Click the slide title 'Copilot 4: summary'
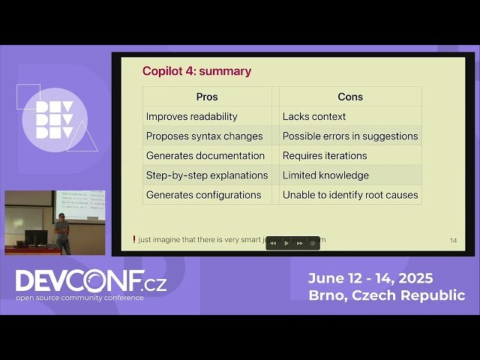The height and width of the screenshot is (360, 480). tap(196, 71)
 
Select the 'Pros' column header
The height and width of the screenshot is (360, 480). tap(207, 97)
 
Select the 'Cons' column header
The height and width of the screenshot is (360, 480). tap(349, 97)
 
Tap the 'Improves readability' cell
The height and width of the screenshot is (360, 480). tap(192, 116)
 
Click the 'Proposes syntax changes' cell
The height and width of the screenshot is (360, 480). tap(204, 136)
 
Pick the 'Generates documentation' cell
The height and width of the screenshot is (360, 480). tap(205, 155)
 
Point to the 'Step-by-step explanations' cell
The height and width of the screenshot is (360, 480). tap(207, 175)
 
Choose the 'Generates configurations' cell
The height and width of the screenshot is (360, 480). tap(203, 194)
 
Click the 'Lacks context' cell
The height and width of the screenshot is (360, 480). tap(314, 116)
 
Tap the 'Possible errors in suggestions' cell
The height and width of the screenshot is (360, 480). tap(350, 136)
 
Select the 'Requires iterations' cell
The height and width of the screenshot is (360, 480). tap(325, 155)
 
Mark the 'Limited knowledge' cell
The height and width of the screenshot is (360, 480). tap(325, 175)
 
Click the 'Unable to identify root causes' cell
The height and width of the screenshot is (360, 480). tap(350, 194)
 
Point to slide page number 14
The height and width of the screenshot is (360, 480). tap(453, 241)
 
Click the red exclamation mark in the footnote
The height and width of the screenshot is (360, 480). tap(134, 240)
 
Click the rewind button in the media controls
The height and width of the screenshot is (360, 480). tap(273, 243)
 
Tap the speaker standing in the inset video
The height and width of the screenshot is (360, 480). tap(62, 232)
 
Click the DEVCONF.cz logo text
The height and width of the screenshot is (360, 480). tap(91, 282)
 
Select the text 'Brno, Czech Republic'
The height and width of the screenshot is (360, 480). tap(386, 295)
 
